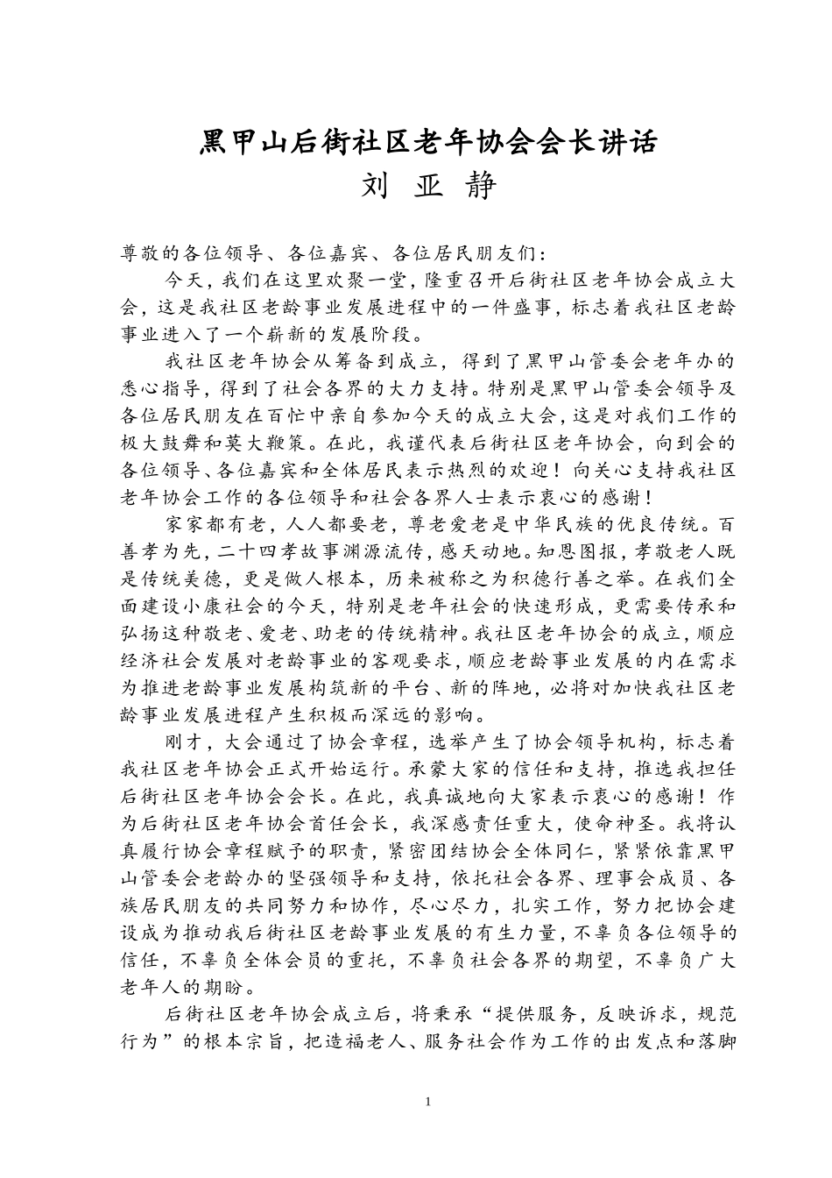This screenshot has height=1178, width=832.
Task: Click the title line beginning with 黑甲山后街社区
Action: [428, 142]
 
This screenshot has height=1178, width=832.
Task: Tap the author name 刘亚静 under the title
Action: [428, 186]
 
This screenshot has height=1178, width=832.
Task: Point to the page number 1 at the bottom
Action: [427, 1101]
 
